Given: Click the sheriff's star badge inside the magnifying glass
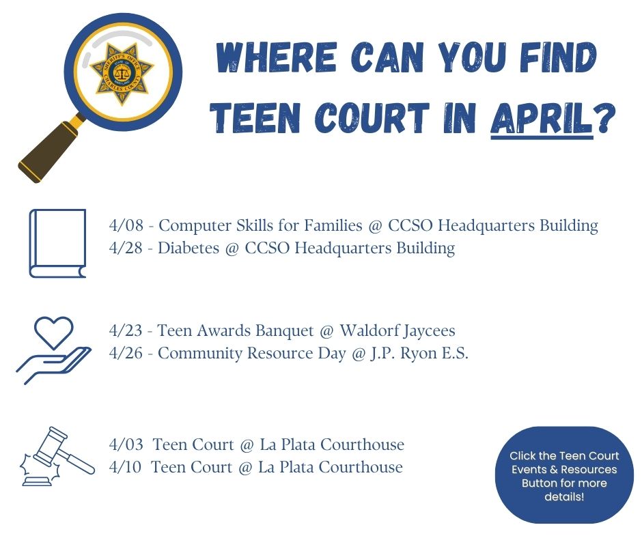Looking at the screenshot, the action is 121,73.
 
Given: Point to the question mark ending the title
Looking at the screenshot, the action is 605,118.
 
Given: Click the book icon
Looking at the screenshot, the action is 58,244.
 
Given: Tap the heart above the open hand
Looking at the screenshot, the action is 54,332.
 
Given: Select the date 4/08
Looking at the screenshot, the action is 126,225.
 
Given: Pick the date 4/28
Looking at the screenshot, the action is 126,248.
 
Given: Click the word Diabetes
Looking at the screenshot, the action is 189,248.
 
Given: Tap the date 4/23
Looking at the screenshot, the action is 126,331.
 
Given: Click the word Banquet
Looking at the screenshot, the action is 285,331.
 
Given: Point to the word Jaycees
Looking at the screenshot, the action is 427,331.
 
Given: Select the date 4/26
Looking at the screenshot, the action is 126,354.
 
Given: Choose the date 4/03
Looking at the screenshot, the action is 126,444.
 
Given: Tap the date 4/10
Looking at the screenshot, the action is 125,467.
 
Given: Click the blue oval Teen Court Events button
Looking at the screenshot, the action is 564,475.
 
